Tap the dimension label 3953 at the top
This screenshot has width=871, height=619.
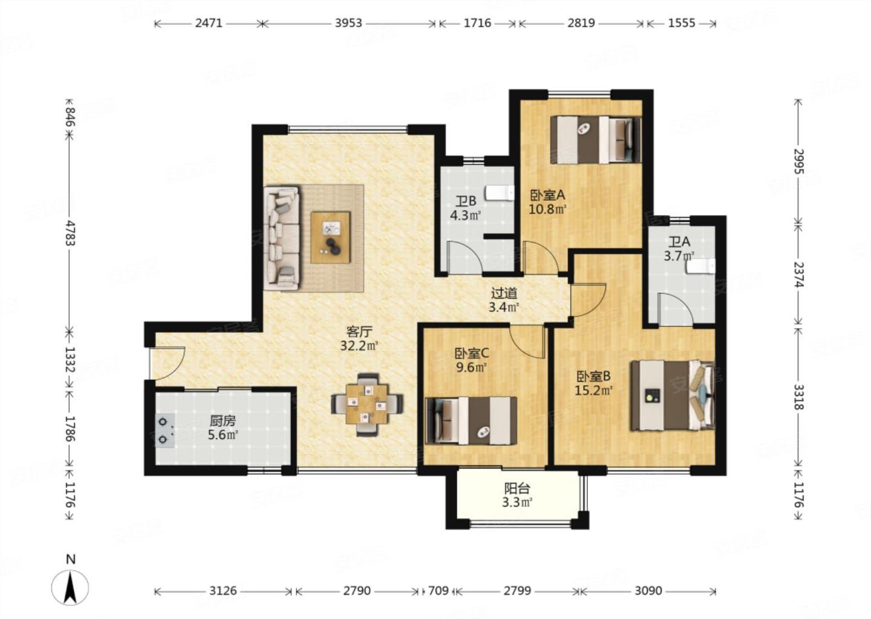348,24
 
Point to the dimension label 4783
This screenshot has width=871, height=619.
70,233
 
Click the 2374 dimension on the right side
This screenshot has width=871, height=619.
798,274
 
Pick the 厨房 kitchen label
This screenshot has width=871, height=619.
223,421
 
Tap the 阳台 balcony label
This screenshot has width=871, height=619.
517,488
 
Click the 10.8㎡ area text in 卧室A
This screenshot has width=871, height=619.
547,209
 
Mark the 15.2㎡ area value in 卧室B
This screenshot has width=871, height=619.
593,390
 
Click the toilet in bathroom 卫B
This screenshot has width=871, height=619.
500,193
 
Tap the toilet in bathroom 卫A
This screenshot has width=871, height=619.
700,267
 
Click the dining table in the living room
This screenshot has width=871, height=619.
368,404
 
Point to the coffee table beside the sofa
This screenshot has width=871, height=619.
330,238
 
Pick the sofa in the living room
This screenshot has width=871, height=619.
281,239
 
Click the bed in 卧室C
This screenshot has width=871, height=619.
471,421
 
